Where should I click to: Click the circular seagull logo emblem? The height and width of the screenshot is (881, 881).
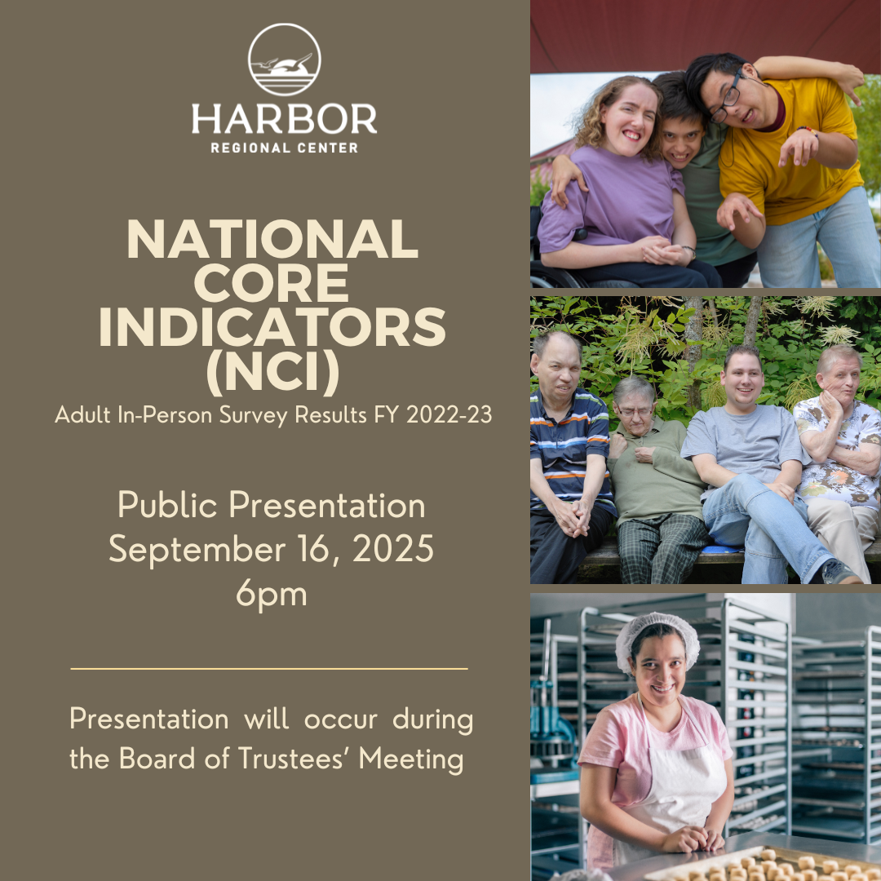[285, 60]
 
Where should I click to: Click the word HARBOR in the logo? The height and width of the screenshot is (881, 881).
[285, 118]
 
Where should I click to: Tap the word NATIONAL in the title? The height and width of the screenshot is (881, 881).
[272, 238]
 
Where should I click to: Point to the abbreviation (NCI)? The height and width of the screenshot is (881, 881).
[273, 371]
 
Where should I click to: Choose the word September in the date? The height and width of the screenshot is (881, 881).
[197, 550]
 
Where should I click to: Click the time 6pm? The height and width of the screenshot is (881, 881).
[272, 593]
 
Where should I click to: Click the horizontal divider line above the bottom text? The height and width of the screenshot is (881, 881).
[269, 669]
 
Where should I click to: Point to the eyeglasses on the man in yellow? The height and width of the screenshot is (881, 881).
[727, 100]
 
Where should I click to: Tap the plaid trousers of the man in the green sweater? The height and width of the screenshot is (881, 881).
[661, 548]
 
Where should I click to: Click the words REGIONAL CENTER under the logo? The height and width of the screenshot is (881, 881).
[285, 148]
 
